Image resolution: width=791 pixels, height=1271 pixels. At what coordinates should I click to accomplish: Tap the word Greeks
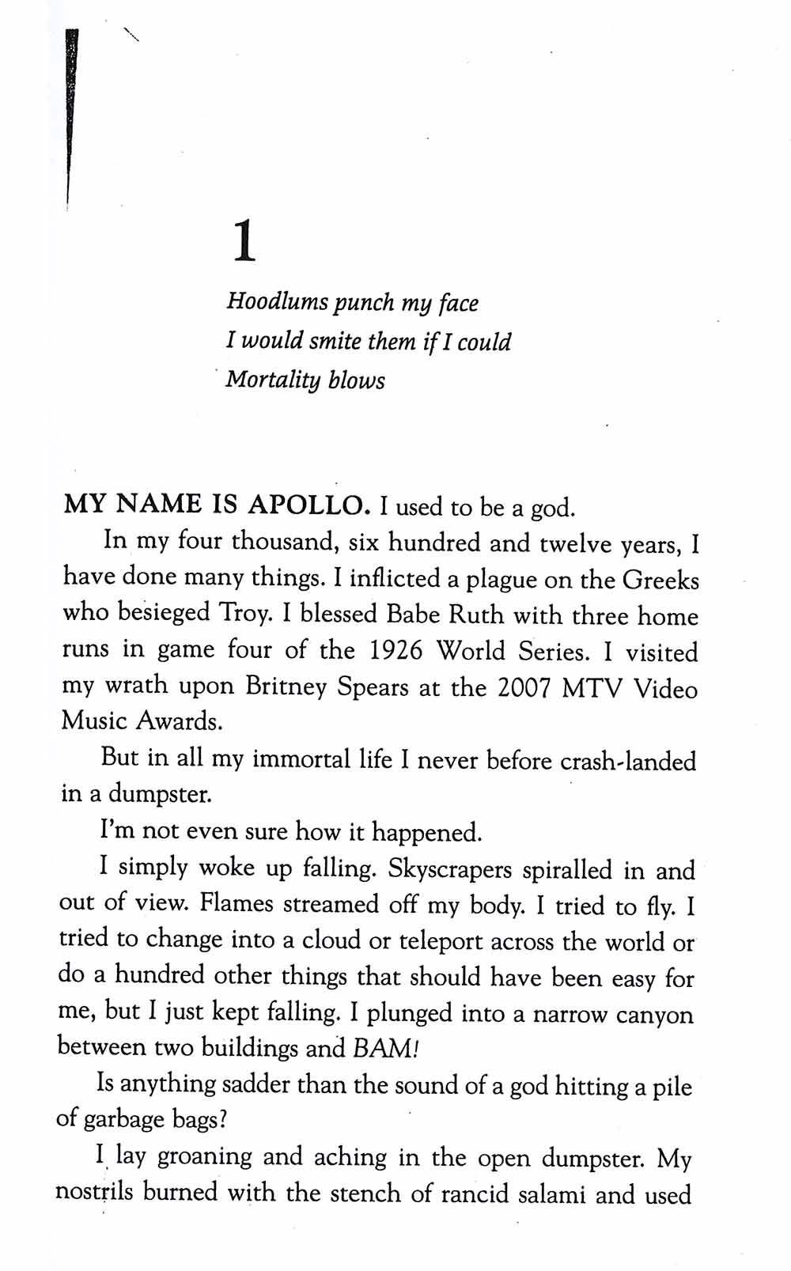pos(660,580)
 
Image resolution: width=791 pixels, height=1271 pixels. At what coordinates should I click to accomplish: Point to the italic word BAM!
pos(385,1049)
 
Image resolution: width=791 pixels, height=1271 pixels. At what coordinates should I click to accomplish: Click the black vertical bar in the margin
pos(72,119)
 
